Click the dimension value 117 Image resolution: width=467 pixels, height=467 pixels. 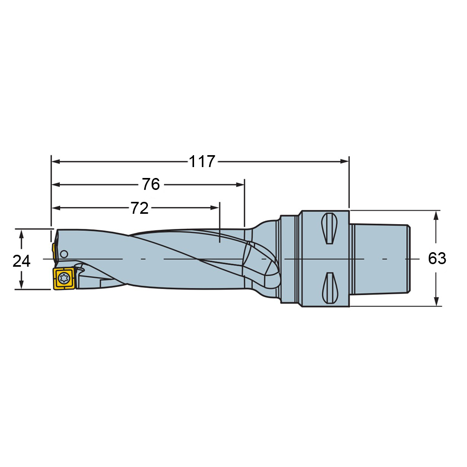201,162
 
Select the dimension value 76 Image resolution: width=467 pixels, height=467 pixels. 150,185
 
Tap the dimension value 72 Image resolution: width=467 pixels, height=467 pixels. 139,208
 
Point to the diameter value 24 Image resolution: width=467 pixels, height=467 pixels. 21,260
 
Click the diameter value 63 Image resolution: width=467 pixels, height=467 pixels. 437,258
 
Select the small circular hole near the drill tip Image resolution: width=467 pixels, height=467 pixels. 64,254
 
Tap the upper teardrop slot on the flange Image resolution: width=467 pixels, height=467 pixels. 328,228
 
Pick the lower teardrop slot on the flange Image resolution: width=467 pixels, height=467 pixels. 328,288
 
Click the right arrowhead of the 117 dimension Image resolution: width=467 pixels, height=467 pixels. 345,161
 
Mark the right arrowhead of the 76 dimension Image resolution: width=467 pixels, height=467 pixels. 240,185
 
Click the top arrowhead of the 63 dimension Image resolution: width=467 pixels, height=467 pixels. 437,214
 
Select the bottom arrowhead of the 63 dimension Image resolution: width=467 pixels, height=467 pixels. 437,302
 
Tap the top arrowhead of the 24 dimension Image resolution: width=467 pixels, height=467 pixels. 21,233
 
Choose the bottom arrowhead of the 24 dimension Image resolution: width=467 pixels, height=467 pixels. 21,285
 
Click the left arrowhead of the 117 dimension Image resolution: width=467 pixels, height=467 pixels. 56,161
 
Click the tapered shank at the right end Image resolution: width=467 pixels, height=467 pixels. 381,258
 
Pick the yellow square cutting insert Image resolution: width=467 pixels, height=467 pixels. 63,279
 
